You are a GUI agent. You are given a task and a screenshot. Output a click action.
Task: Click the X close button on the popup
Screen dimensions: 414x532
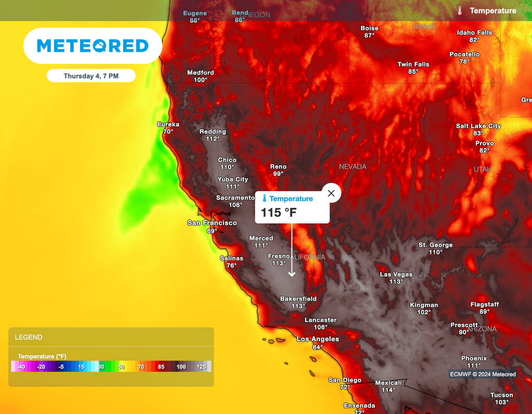click(331, 193)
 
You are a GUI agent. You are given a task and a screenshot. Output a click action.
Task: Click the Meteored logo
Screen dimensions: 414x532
click(93, 46)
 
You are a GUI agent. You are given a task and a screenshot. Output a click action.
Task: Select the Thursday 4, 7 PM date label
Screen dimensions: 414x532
click(91, 76)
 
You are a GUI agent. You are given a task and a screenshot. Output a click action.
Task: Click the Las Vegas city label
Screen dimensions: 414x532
click(396, 274)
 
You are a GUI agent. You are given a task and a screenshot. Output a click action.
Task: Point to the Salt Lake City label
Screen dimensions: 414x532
click(478, 126)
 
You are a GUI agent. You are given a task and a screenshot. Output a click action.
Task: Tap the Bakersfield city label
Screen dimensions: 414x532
click(298, 299)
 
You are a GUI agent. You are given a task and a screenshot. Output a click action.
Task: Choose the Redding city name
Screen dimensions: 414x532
click(212, 131)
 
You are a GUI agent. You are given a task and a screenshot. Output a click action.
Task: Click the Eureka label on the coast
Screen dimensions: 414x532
click(168, 124)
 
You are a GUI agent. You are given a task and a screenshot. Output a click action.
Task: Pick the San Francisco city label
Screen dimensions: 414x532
click(212, 223)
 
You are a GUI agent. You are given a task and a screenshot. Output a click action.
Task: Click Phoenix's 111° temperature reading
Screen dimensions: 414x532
click(474, 366)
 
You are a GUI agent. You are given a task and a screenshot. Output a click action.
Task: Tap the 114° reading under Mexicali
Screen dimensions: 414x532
click(388, 390)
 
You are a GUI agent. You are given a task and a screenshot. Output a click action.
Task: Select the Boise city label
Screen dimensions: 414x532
click(369, 28)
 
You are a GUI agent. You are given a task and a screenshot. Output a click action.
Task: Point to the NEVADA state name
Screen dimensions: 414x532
click(353, 167)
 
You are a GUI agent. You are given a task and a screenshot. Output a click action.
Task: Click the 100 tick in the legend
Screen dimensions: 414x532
click(181, 367)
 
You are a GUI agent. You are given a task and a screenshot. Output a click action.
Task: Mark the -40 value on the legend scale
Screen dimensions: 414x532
click(21, 367)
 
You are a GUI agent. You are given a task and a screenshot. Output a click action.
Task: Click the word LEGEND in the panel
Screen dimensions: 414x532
click(29, 337)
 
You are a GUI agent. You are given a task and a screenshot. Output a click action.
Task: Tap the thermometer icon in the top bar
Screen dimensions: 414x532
click(460, 10)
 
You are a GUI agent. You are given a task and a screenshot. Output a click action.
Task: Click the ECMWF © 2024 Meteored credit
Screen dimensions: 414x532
click(483, 374)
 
